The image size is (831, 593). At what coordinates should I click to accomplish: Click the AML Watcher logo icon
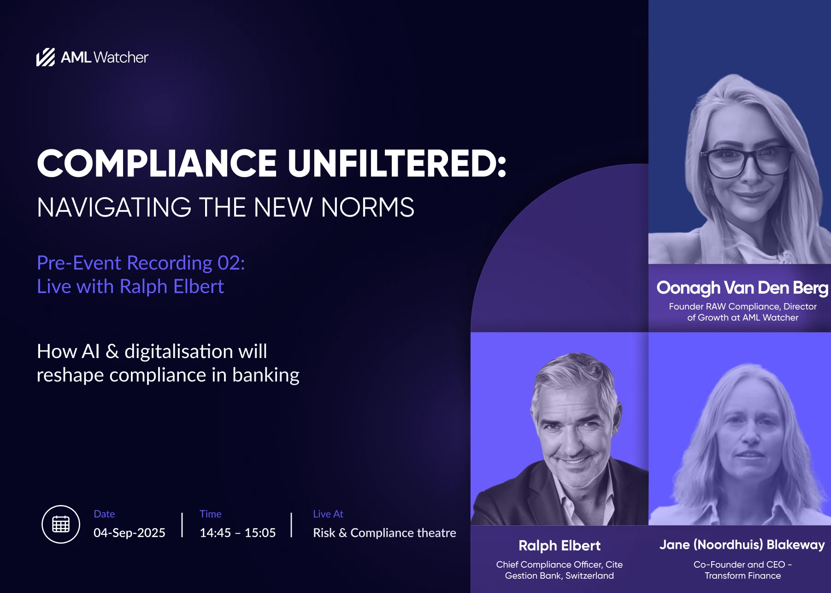46,57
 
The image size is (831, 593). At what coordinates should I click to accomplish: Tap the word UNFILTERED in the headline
397,163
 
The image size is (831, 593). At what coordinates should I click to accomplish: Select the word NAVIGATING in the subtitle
114,207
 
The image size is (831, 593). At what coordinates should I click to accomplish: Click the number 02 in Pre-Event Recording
231,263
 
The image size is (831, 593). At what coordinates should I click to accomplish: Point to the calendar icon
61,524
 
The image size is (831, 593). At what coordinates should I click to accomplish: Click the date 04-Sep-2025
130,533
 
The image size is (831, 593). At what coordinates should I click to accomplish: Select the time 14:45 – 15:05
237,533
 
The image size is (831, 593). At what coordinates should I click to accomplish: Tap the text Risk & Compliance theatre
384,533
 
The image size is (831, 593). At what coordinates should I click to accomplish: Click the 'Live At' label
328,514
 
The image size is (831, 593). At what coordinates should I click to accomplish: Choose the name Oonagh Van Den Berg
743,288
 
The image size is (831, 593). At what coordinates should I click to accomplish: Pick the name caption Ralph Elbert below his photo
560,546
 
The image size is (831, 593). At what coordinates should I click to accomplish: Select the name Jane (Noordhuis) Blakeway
742,545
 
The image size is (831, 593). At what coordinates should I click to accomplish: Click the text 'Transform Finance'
743,575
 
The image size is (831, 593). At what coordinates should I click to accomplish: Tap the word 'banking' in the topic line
266,376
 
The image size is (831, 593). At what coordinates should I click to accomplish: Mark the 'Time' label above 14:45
210,514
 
